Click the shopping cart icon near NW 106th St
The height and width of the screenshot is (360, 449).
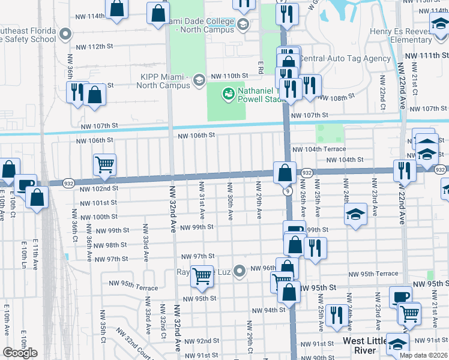[104, 164]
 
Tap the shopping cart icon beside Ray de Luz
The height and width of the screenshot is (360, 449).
[202, 275]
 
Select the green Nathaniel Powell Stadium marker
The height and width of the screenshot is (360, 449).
[228, 94]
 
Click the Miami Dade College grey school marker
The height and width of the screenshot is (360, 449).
[243, 25]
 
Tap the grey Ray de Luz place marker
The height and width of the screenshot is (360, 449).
[240, 272]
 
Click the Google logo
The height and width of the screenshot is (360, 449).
[20, 353]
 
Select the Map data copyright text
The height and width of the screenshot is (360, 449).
[423, 355]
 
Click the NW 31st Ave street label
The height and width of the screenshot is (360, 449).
[202, 200]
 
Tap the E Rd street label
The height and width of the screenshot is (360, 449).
[261, 66]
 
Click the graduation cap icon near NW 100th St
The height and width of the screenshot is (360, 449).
[355, 214]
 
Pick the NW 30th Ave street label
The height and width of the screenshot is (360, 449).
[231, 200]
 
